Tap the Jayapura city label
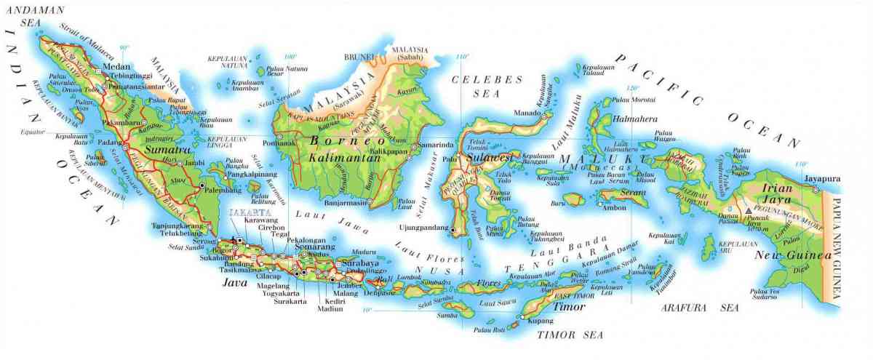[x=822, y=178]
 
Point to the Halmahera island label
[x=637, y=119]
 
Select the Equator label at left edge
[x=33, y=132]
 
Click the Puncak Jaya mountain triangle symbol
[x=748, y=211]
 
